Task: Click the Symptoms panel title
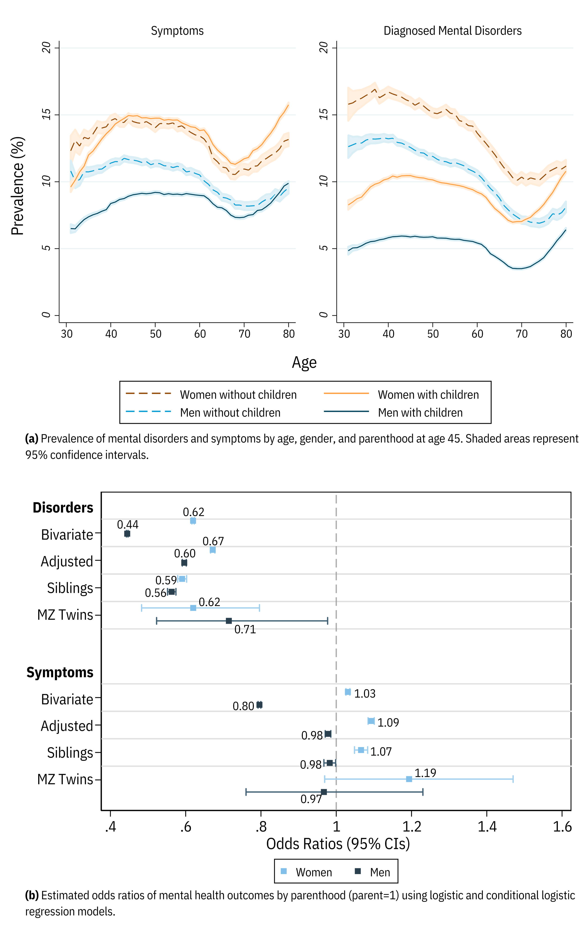click(177, 31)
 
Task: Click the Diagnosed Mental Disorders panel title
click(452, 31)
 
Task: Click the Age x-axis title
click(304, 362)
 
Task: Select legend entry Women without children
click(238, 395)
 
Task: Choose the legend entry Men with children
click(420, 412)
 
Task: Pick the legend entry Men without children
click(230, 412)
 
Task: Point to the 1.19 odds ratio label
click(425, 773)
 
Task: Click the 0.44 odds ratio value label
click(128, 524)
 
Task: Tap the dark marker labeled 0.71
click(229, 621)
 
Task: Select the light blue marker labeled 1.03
click(348, 692)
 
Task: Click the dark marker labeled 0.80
click(259, 705)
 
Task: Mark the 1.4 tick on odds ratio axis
click(487, 827)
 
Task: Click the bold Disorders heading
click(63, 508)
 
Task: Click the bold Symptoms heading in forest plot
click(60, 672)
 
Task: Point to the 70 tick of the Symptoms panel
click(244, 334)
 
